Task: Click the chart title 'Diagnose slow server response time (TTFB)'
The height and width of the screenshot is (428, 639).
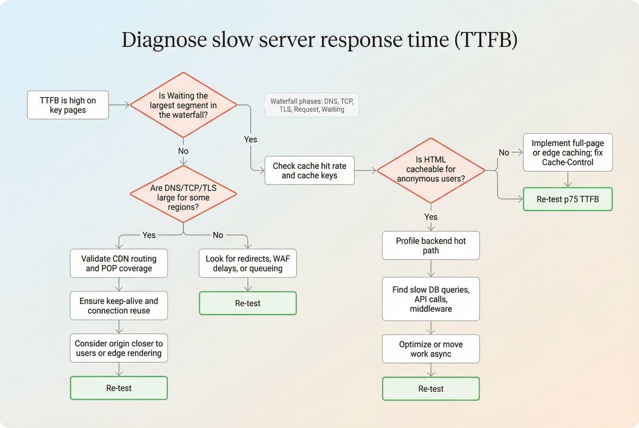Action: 319,40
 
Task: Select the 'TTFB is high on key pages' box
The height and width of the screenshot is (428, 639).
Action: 68,105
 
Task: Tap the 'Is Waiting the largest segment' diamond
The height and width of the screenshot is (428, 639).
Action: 183,105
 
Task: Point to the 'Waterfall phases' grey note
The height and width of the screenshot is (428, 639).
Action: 311,105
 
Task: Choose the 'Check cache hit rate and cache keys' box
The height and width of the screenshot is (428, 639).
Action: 309,171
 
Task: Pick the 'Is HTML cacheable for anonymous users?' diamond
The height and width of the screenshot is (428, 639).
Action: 431,170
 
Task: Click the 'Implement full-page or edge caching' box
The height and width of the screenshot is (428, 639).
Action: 567,153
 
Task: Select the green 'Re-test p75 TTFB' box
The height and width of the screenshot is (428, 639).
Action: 567,199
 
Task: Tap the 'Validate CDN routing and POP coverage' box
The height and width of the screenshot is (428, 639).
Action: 119,263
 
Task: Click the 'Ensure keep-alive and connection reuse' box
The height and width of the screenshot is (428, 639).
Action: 119,306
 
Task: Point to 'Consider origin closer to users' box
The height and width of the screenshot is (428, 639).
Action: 119,348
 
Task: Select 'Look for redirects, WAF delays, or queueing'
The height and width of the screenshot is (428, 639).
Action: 248,263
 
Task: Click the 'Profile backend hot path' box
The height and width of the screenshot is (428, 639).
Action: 431,245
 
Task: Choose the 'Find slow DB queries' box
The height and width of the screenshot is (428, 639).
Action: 431,299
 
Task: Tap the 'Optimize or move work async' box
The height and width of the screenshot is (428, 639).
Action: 431,349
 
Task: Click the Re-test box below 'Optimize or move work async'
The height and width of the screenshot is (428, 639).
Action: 431,389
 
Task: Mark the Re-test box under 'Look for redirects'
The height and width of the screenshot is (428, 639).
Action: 248,303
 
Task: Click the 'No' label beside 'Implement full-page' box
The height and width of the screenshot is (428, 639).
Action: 504,153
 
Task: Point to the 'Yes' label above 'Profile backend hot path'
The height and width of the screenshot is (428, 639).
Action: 431,217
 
